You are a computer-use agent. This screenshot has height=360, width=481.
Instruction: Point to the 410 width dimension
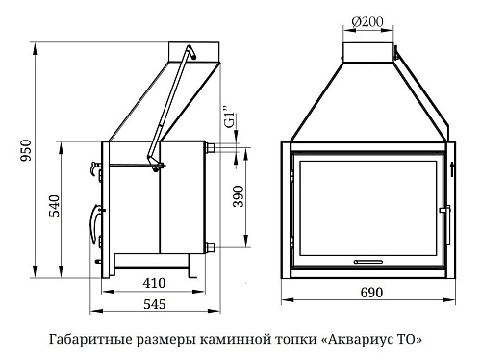tap(155, 283)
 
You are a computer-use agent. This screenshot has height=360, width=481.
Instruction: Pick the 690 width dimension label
tap(370, 293)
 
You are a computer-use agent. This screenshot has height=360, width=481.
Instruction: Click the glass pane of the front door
tap(369, 206)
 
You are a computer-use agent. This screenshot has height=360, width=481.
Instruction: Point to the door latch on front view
tap(443, 209)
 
